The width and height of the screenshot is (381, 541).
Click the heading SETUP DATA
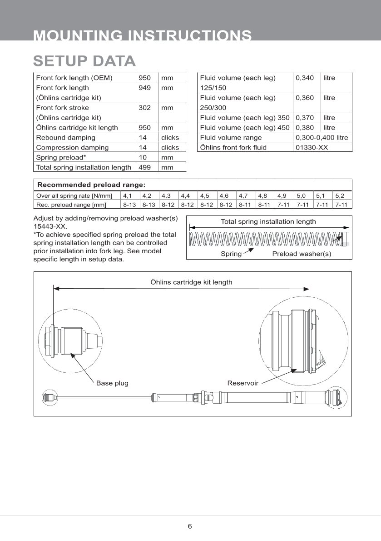point(84,61)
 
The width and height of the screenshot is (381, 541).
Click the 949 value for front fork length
point(144,88)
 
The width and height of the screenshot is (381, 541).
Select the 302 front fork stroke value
point(144,108)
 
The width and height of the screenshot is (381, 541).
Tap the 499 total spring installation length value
point(144,167)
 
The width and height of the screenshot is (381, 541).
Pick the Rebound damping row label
point(65,137)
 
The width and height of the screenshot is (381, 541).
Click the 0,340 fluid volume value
point(304,78)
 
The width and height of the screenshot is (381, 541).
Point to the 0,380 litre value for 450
point(304,128)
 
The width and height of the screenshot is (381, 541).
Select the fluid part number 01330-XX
point(312,147)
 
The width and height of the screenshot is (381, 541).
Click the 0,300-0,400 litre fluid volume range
point(322,137)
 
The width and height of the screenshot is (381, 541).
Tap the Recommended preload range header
point(91,185)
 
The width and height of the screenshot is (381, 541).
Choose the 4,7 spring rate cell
point(243,196)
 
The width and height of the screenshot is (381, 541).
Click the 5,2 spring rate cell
point(340,196)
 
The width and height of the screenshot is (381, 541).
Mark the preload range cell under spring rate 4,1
point(129,205)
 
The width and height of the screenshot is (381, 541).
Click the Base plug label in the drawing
point(112,383)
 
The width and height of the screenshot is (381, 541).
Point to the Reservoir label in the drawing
point(242,383)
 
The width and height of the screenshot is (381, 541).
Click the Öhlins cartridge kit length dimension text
point(191,282)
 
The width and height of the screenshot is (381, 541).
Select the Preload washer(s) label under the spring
point(302,254)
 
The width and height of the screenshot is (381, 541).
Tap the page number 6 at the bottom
point(190,526)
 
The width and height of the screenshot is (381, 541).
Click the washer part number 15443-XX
point(50,226)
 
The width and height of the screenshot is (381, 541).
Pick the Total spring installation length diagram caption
point(268,222)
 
